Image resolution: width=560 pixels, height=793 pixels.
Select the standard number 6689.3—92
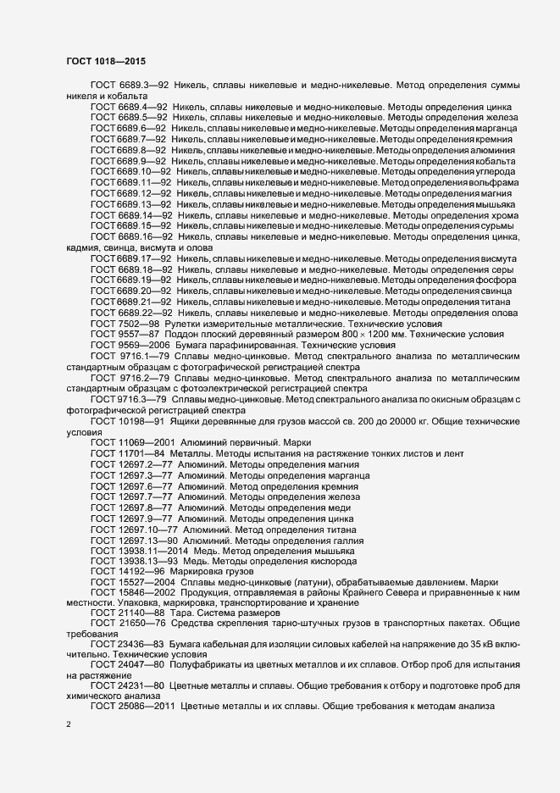click(x=146, y=86)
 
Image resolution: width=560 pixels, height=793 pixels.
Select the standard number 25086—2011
click(x=146, y=706)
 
